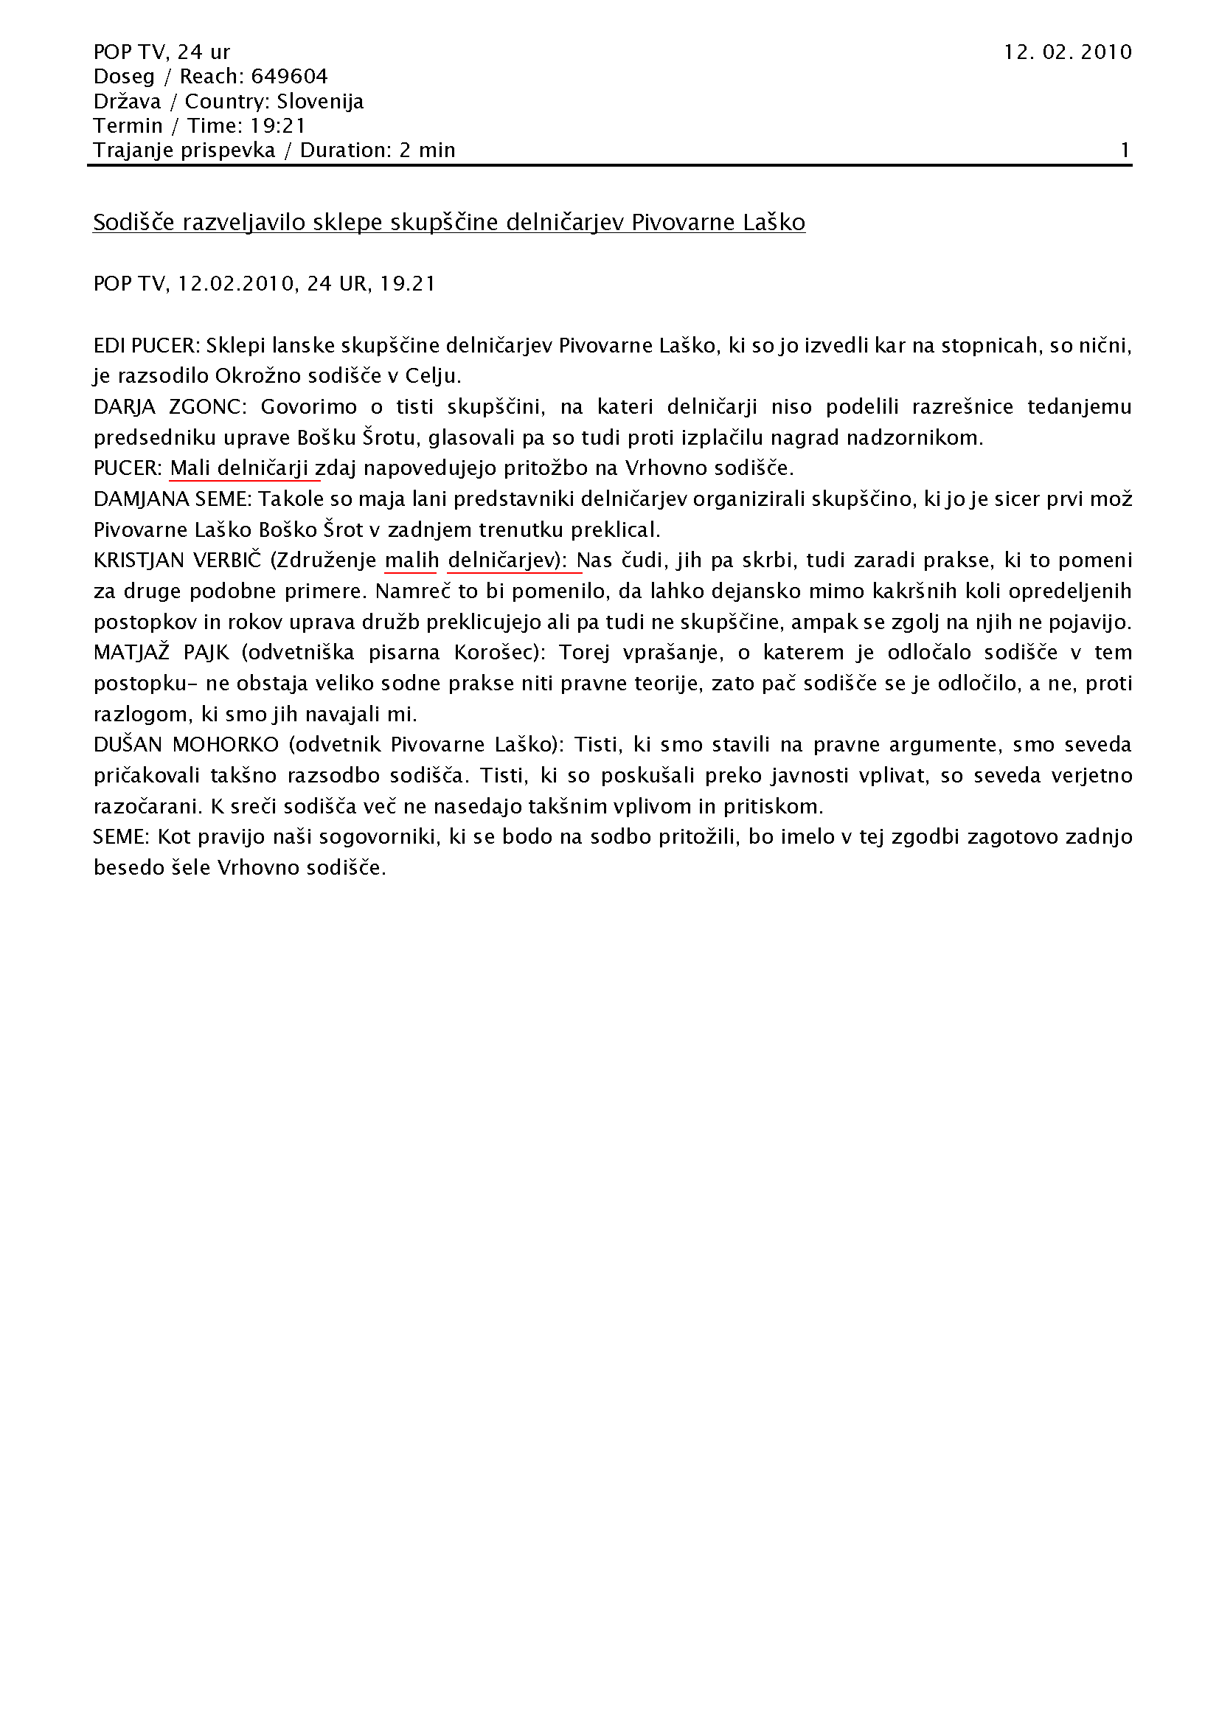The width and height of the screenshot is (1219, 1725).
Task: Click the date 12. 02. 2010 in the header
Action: (1066, 52)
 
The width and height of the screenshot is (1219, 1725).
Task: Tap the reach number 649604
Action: (289, 77)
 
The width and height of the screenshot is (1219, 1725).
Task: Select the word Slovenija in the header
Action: (320, 102)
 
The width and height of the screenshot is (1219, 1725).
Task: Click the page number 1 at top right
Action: (1125, 150)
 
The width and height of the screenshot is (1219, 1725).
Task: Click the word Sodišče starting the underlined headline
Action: (133, 223)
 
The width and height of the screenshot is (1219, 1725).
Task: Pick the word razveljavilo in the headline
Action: (241, 223)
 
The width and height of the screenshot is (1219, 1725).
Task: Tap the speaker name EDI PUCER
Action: (145, 346)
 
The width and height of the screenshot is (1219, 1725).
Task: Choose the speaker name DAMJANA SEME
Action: (172, 499)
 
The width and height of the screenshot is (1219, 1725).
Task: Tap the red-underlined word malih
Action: (411, 560)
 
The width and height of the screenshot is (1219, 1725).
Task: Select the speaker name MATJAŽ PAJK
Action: (161, 653)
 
